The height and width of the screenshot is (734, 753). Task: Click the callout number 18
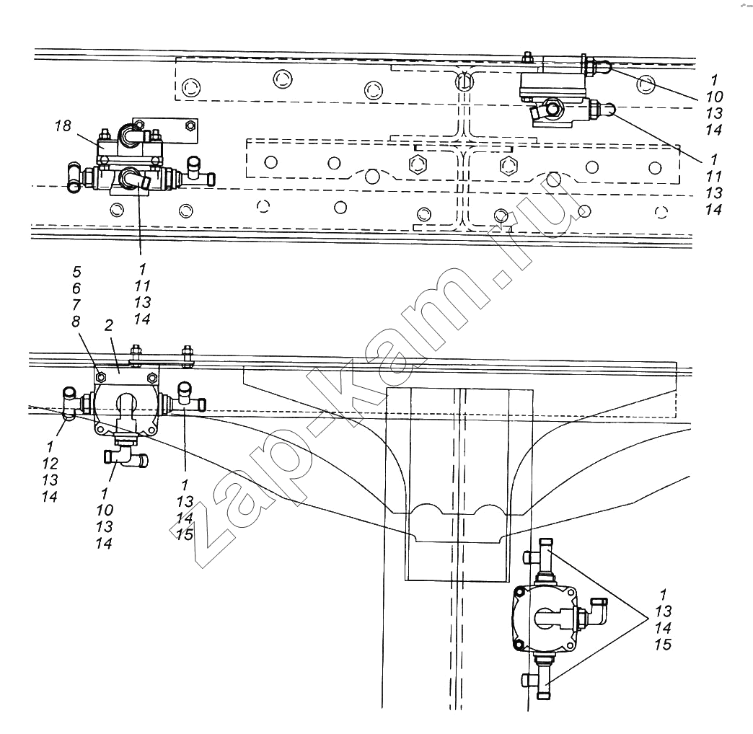(63, 127)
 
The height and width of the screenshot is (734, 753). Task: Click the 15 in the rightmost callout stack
(662, 644)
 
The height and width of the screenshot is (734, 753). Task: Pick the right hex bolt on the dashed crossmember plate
(506, 165)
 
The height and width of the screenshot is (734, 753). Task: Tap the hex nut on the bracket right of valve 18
(190, 126)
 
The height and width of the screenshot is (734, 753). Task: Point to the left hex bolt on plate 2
(100, 376)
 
